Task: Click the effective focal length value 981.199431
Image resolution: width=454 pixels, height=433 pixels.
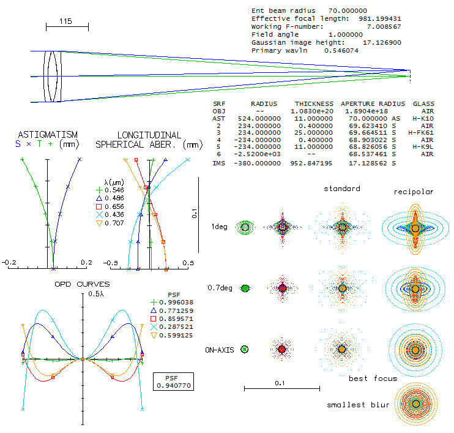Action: (380, 19)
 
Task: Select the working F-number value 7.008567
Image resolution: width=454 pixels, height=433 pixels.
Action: (384, 27)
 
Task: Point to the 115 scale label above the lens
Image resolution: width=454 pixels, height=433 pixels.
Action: (65, 21)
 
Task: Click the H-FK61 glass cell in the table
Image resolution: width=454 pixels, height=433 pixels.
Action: (421, 133)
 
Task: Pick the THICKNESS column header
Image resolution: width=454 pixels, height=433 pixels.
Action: (314, 104)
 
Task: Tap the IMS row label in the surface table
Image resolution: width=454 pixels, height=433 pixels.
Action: (218, 163)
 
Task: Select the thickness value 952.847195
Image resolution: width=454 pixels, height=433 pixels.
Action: (311, 163)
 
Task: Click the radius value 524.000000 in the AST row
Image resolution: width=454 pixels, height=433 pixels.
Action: (259, 119)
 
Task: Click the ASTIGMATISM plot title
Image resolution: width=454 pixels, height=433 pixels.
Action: (48, 135)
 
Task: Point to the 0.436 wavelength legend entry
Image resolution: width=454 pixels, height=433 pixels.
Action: (110, 214)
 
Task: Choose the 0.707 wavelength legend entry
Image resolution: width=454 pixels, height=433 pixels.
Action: (110, 223)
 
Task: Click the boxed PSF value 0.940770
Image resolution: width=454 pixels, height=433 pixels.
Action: (174, 385)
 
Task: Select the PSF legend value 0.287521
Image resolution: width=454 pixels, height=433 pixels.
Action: (172, 327)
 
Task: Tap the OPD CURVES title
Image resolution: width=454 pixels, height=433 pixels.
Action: (82, 284)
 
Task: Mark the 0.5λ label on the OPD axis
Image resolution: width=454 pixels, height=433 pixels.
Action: (96, 294)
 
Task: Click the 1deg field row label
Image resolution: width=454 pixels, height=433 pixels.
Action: (219, 227)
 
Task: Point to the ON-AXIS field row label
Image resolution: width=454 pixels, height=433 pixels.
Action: (220, 350)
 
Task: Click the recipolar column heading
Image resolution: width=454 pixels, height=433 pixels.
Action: (414, 192)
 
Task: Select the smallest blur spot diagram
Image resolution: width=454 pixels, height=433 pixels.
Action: (416, 404)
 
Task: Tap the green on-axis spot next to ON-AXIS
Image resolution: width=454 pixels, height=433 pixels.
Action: (245, 350)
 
